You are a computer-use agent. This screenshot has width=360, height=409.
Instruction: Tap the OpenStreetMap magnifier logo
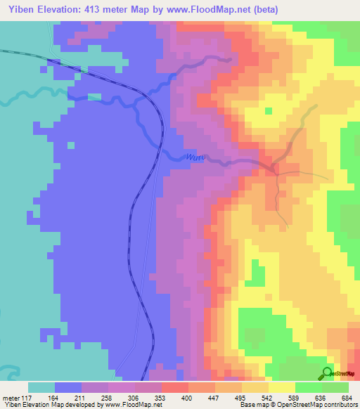(327, 374)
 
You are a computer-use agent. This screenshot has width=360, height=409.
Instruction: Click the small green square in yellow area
(268, 111)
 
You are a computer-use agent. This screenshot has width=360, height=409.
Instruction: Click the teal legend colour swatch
(41, 387)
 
